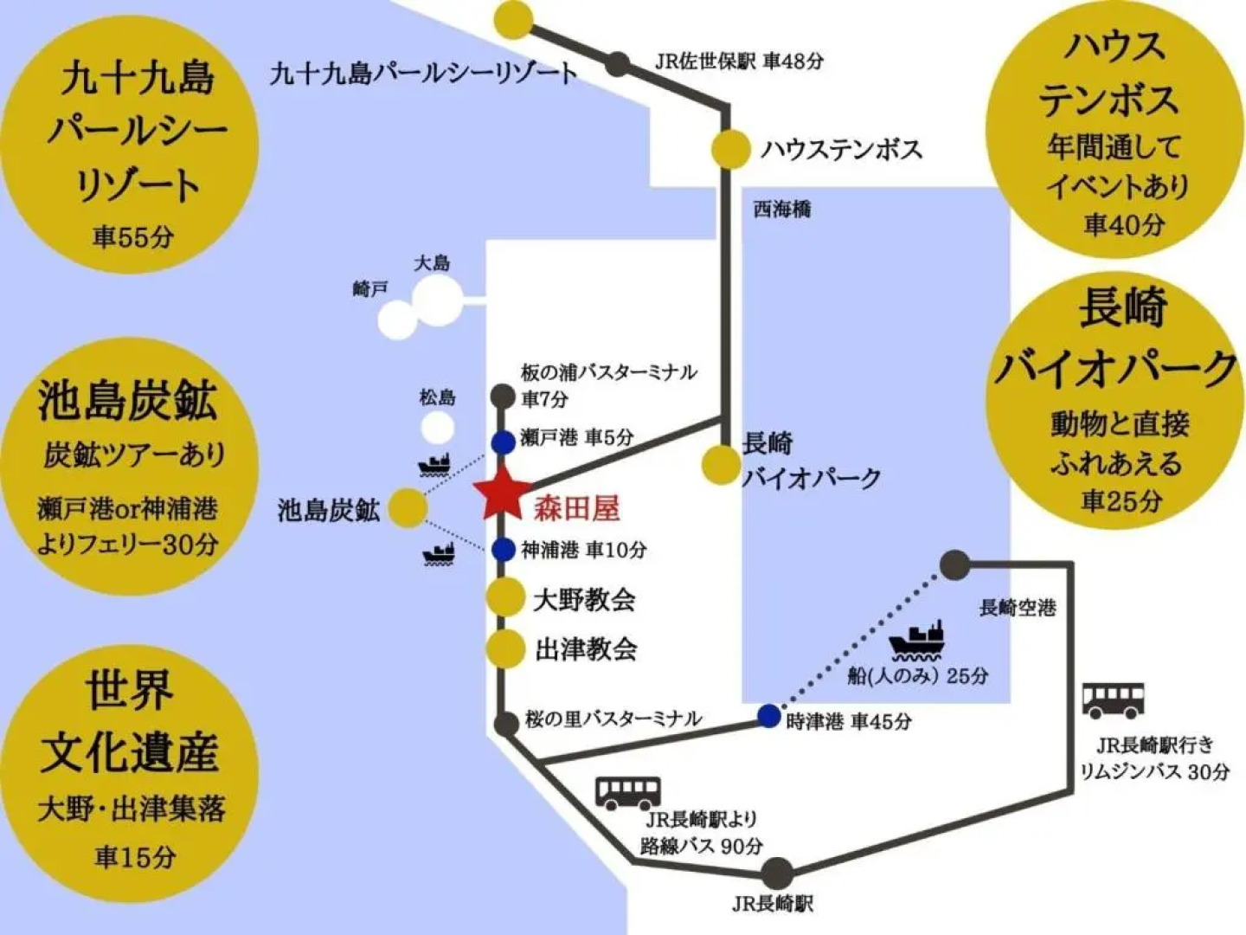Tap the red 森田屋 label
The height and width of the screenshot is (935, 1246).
(576, 508)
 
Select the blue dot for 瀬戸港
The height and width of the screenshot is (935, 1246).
(503, 442)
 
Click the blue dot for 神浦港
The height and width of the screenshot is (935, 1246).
(503, 549)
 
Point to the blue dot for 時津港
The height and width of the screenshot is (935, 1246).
(768, 716)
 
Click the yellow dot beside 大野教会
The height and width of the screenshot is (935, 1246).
(505, 597)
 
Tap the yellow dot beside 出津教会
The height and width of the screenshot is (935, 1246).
(505, 648)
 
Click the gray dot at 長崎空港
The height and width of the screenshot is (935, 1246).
(954, 564)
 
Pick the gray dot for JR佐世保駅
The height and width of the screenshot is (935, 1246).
(617, 63)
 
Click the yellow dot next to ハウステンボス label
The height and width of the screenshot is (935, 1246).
(730, 149)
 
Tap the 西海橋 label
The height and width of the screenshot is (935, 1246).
(781, 210)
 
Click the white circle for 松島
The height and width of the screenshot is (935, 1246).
(437, 428)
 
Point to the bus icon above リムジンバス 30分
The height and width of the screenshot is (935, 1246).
(1113, 700)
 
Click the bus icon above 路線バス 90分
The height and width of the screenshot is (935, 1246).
(627, 792)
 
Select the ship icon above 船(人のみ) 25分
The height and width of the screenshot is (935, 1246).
(917, 642)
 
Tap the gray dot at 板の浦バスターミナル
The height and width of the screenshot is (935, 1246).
(503, 396)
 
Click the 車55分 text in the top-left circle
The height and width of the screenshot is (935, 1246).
(133, 236)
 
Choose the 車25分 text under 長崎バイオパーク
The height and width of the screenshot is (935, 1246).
(1121, 500)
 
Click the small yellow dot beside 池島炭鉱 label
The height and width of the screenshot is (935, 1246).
(408, 508)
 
